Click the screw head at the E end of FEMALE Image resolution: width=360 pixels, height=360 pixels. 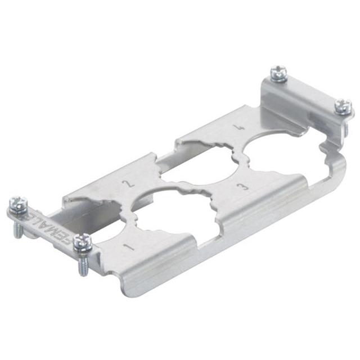(18, 204)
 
